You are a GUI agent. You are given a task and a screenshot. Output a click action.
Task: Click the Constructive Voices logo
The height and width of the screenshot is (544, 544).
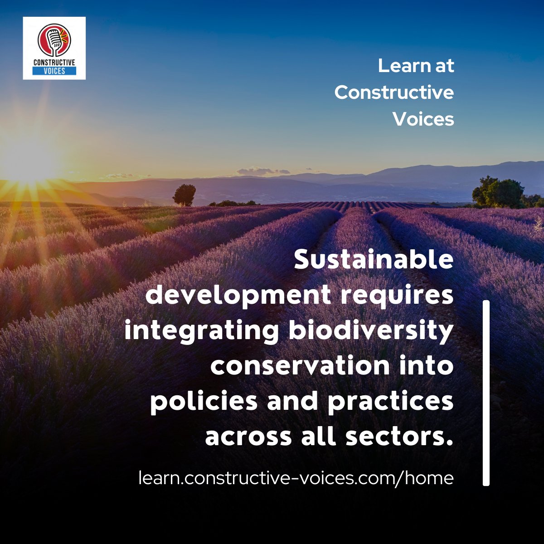(54, 48)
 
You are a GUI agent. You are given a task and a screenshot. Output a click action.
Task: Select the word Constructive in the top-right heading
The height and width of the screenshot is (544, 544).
(394, 92)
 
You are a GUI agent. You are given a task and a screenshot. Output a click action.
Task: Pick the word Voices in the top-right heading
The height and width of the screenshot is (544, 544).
(423, 119)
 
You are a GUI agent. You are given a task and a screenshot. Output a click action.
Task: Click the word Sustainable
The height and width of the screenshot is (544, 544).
(374, 260)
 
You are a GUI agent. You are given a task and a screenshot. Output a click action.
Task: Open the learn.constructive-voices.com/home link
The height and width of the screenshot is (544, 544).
(296, 477)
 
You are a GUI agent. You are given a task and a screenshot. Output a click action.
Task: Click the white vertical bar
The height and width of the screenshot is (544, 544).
(486, 393)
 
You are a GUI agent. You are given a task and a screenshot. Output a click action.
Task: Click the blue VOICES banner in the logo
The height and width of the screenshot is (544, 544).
(54, 71)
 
